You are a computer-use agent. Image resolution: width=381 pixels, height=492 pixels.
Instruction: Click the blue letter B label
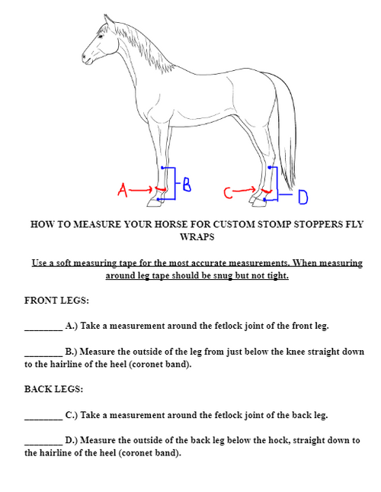point(186,184)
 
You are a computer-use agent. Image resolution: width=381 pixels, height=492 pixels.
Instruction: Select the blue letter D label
point(303,198)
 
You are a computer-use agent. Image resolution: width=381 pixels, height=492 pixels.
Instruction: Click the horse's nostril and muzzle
point(86,59)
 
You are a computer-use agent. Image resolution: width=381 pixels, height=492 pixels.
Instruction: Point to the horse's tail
point(287,130)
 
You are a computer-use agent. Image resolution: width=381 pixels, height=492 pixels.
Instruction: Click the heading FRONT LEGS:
point(57,300)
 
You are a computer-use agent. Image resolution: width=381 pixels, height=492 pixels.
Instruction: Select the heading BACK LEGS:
point(54,389)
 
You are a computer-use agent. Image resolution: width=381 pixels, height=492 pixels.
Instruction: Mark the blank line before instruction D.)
point(43,442)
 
